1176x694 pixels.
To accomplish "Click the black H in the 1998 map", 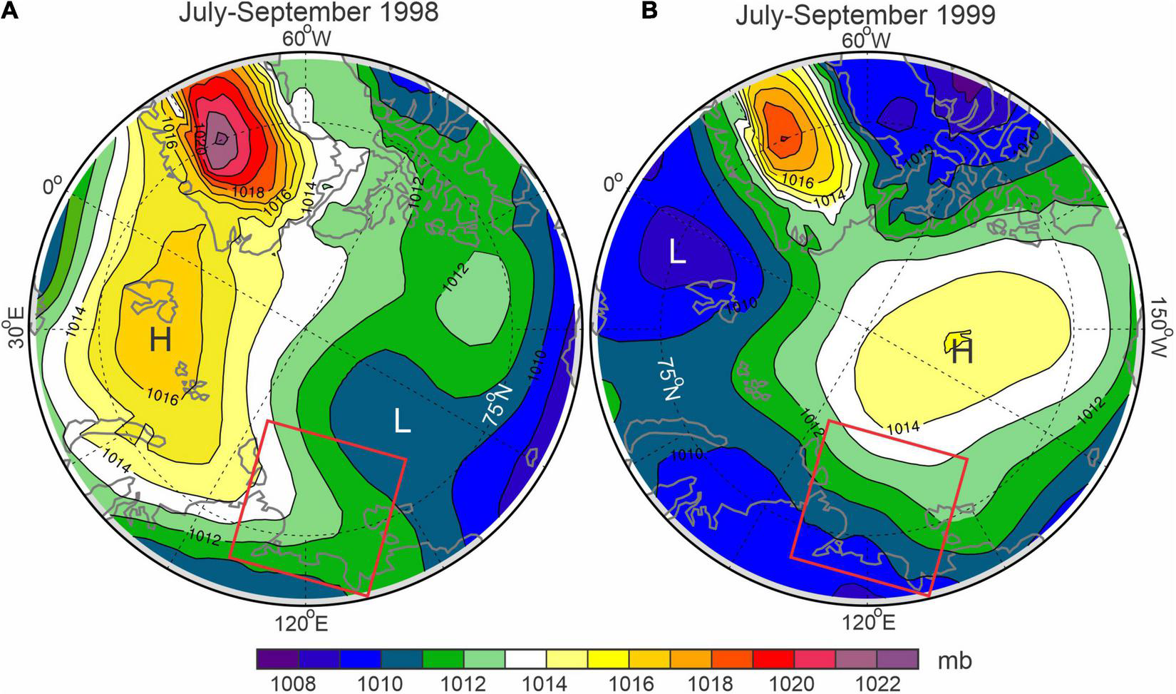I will pos(160,341).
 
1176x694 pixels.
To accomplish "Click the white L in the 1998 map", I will pos(403,422).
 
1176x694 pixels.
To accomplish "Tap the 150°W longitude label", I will pos(1164,341).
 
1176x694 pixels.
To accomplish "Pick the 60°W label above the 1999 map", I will pos(867,41).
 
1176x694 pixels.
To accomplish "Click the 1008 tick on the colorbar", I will pos(298,683).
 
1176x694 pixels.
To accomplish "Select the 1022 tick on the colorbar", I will pos(876,683).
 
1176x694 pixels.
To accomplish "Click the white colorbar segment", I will pos(525,660).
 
